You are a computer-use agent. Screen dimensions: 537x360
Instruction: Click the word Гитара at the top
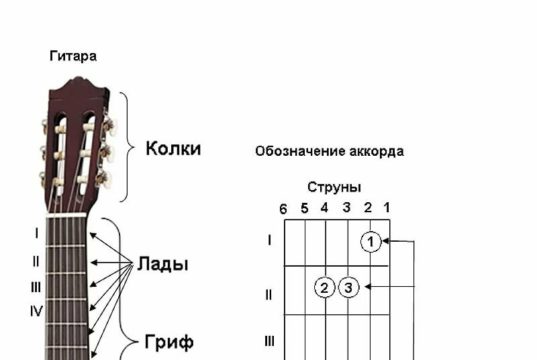[x=73, y=56]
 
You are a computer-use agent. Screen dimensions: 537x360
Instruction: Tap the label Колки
[x=173, y=149]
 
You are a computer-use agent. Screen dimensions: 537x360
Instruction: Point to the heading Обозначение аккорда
[x=329, y=152]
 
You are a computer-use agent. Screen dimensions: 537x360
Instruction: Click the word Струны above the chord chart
[x=334, y=187]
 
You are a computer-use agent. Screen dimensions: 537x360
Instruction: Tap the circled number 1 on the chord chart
[x=371, y=241]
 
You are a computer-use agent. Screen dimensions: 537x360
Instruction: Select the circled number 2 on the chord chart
[x=324, y=288]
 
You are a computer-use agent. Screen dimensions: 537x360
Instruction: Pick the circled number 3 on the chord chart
[x=347, y=288]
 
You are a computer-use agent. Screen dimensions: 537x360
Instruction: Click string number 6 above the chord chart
[x=283, y=208]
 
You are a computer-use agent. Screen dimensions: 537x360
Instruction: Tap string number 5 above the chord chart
[x=303, y=208]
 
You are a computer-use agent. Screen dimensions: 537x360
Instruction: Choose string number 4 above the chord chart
[x=324, y=208]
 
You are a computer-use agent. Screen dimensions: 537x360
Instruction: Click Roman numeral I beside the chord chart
[x=268, y=240]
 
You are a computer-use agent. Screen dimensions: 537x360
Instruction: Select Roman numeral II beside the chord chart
[x=268, y=294]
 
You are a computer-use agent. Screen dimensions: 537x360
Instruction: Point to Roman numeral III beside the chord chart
[x=268, y=341]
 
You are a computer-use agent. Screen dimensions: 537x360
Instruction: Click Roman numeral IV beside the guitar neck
[x=36, y=311]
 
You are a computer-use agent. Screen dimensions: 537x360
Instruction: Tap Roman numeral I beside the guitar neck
[x=36, y=234]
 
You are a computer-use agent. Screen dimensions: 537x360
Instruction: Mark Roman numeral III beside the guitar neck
[x=36, y=286]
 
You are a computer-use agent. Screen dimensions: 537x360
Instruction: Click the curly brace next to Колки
[x=127, y=147]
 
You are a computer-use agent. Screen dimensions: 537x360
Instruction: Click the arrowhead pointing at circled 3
[x=366, y=288]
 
